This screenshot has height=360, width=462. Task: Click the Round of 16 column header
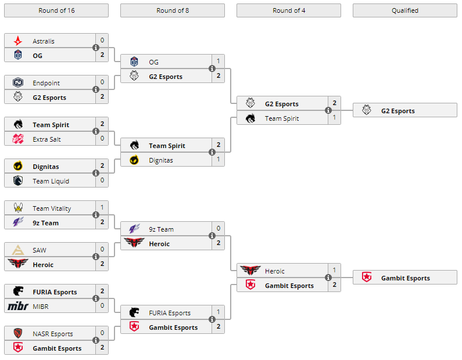[x=56, y=10]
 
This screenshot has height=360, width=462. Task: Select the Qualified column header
[x=404, y=10]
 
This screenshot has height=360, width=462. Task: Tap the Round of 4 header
[x=289, y=10]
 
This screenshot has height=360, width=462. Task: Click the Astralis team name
[x=44, y=41]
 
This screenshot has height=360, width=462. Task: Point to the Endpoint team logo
[x=18, y=83]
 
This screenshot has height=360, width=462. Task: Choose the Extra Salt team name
[x=46, y=139]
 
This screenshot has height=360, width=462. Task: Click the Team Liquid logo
[x=18, y=181]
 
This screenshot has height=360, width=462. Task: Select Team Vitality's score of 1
[x=102, y=208]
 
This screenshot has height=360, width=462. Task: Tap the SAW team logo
[x=18, y=250]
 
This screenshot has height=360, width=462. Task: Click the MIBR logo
[x=18, y=306]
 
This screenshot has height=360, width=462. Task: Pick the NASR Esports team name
[x=53, y=334]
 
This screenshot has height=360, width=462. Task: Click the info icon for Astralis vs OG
[x=96, y=48]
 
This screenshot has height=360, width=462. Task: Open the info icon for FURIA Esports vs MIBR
[x=96, y=299]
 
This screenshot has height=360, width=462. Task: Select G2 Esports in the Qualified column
[x=397, y=111]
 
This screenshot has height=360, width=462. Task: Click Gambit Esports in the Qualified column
[x=405, y=278]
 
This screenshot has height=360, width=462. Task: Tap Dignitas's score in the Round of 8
[x=219, y=160]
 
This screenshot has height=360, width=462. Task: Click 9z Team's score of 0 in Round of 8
[x=219, y=229]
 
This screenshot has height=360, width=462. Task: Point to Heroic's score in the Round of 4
[x=335, y=271]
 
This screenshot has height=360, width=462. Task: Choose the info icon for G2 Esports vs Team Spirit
[x=328, y=111]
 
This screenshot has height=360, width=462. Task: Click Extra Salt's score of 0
[x=102, y=139]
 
